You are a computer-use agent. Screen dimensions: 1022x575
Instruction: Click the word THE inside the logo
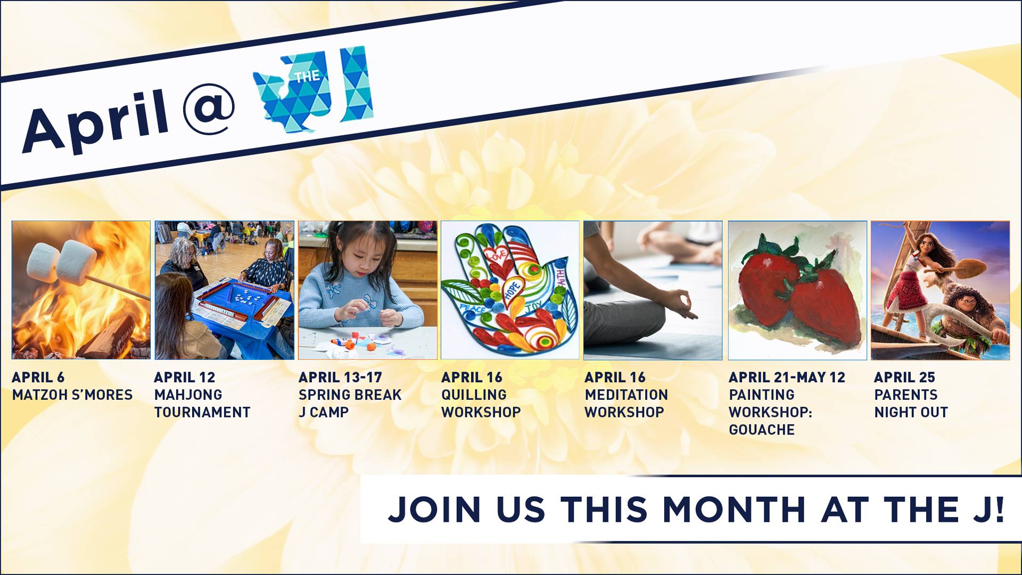(307, 77)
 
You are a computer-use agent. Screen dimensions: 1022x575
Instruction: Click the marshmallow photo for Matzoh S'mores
(81, 290)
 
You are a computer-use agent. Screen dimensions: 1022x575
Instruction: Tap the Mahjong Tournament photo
(224, 290)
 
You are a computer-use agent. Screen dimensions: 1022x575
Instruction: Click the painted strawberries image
(797, 290)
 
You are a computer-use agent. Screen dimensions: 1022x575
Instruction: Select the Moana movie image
(940, 290)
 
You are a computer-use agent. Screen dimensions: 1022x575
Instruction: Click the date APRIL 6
(38, 377)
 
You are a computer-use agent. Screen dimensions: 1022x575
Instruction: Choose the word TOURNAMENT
(202, 412)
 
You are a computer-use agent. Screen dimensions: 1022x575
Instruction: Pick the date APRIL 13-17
(340, 377)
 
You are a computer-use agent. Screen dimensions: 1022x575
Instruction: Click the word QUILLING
(474, 395)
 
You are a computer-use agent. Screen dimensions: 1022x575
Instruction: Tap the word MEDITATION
(626, 395)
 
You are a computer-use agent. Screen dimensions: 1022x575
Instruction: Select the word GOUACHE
(761, 430)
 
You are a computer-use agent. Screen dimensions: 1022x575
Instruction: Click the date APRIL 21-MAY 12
(787, 377)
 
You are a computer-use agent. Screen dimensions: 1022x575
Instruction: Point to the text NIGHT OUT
(911, 412)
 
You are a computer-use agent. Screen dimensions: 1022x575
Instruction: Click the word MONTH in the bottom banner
(734, 510)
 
